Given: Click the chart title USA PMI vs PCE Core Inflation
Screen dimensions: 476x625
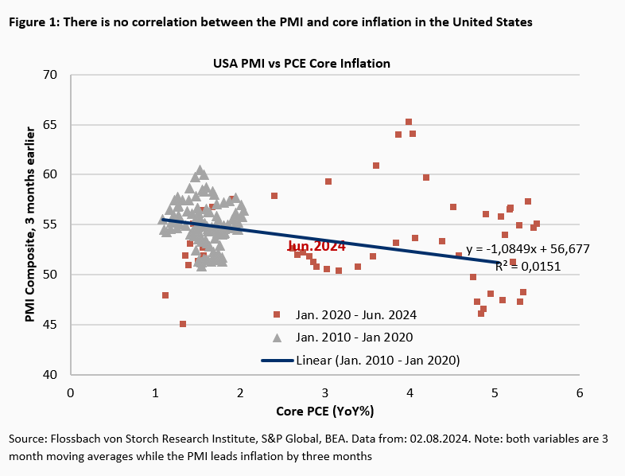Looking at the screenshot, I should (301, 62).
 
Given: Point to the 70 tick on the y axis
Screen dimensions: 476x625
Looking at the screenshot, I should (52, 75).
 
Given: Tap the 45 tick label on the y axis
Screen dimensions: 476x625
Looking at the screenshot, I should (52, 325).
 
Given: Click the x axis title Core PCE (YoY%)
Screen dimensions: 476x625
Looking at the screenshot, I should (325, 411).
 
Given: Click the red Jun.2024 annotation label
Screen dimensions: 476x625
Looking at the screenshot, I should (316, 247).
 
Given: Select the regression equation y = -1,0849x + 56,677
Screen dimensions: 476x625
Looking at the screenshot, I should (528, 249).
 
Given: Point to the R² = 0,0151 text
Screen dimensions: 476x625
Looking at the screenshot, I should (528, 267).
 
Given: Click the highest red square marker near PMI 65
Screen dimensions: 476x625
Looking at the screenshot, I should (409, 122).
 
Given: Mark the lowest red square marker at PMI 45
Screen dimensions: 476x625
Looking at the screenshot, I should (183, 324).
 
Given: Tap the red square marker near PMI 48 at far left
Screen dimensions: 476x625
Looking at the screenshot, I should (165, 295).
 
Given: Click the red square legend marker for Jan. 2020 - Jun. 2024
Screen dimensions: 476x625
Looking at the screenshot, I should (277, 314).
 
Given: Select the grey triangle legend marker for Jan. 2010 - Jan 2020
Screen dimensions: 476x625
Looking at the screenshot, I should (277, 337).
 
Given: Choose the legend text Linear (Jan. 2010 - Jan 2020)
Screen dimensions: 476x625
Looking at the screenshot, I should (378, 361).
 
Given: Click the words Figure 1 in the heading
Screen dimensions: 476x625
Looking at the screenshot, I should (31, 22).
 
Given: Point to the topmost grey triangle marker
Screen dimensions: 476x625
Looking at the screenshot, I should (200, 170).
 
